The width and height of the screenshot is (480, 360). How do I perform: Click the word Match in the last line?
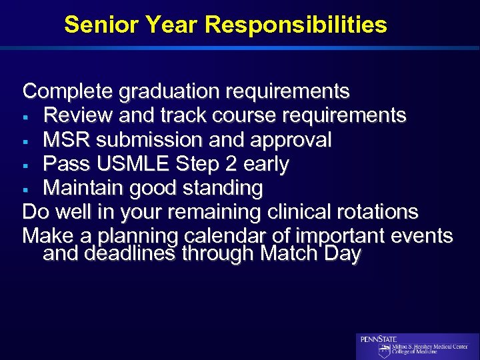[x=291, y=254]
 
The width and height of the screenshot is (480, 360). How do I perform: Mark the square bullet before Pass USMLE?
[x=27, y=165]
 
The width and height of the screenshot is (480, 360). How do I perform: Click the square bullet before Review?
[x=27, y=116]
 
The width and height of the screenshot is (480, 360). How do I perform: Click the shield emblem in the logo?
[x=384, y=351]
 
